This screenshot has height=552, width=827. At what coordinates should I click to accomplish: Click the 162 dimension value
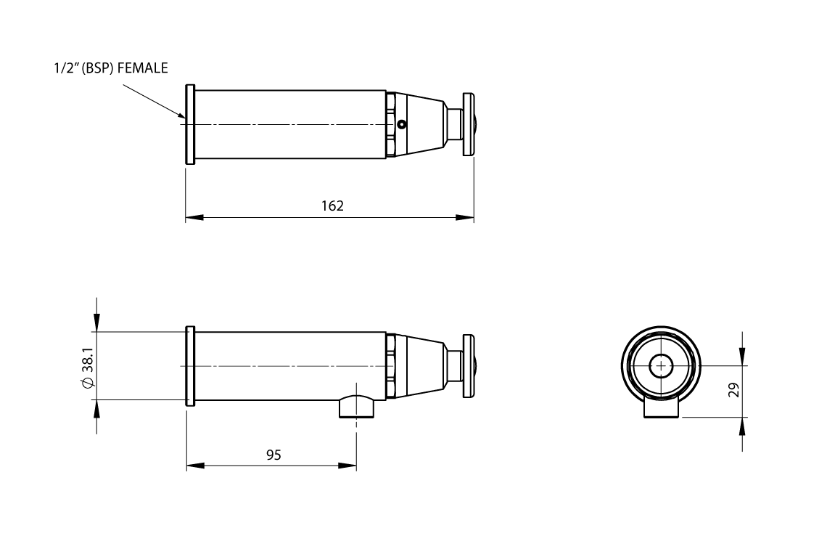pos(332,206)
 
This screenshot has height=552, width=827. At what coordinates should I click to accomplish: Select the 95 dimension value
pos(273,455)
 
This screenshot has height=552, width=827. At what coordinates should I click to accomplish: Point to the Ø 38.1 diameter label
pos(87,366)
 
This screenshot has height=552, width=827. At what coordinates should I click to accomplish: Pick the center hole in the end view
pos(661,365)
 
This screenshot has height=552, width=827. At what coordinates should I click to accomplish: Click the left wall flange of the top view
pos(190,124)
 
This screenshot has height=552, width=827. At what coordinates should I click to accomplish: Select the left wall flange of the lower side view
pos(190,365)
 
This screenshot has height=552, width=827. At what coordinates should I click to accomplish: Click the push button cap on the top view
pos(469,124)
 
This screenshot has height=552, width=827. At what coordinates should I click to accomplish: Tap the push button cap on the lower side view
pos(469,365)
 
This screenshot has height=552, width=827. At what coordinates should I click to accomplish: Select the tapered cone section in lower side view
pos(424,365)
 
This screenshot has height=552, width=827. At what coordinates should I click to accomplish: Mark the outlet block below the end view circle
pos(662,409)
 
